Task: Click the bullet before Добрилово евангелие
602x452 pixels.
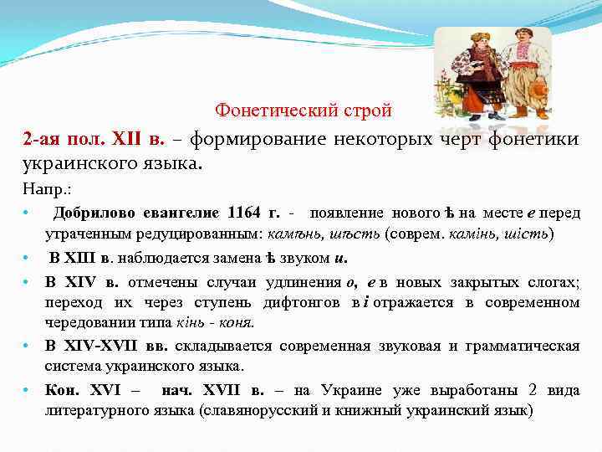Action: point(27,213)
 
